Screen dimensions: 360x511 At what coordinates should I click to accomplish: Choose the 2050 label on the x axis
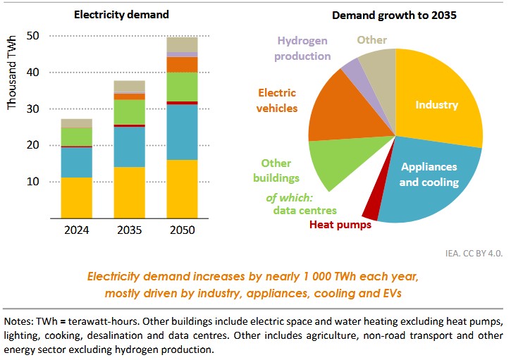click(x=182, y=230)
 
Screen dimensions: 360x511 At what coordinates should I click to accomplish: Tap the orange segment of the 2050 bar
click(x=182, y=64)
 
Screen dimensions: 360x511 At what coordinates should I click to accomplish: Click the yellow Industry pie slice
click(x=437, y=106)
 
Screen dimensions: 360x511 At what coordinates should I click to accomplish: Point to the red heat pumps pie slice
click(x=371, y=209)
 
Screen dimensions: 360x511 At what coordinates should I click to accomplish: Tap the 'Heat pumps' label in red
click(x=340, y=225)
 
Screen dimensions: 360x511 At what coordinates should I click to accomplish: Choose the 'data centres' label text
click(x=304, y=210)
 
